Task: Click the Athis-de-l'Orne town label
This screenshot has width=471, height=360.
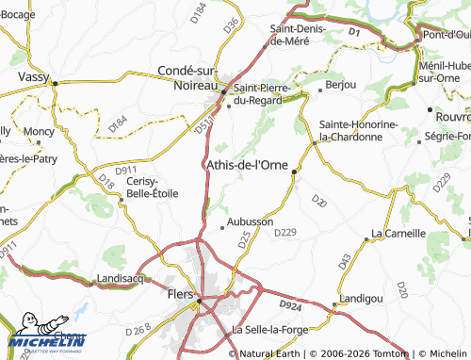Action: tap(247, 166)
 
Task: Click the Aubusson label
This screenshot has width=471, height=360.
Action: tap(251, 221)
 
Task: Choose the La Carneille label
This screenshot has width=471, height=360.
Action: tap(398, 232)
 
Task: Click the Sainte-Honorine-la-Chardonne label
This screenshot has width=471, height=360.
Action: tap(359, 130)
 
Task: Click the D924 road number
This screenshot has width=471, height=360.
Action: tap(292, 304)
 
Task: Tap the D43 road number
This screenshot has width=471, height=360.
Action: tap(345, 259)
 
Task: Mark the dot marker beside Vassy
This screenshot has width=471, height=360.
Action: tap(56, 83)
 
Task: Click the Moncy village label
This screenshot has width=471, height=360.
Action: tap(39, 132)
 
